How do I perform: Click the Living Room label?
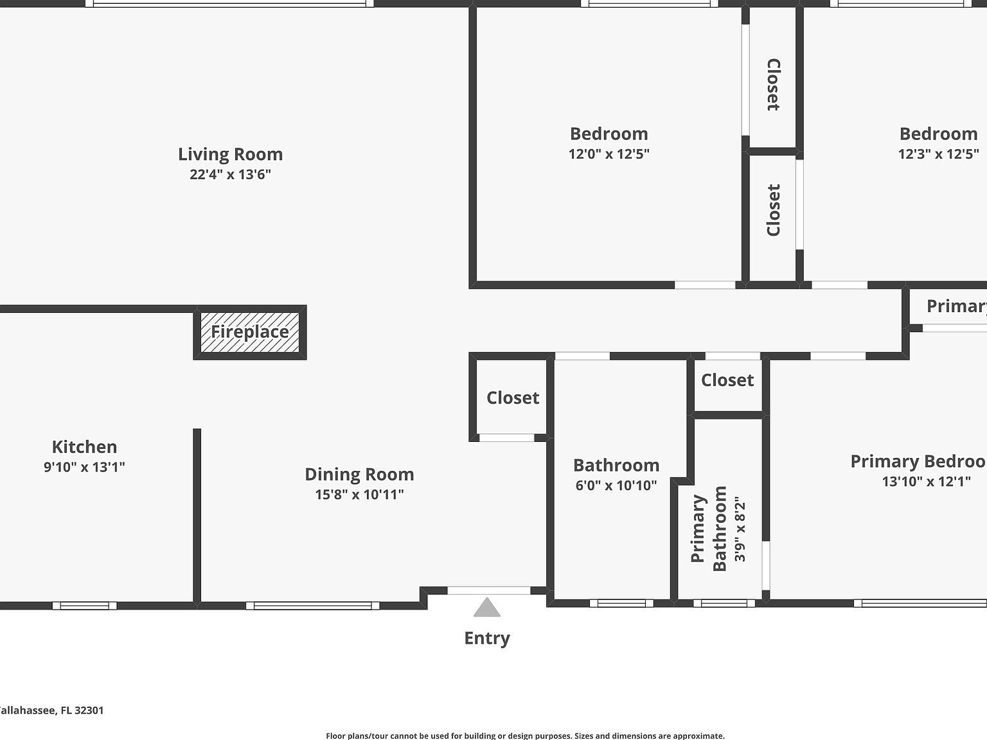click(230, 154)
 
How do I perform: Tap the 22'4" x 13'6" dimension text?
click(230, 174)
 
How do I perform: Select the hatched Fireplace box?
click(250, 332)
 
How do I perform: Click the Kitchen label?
click(84, 447)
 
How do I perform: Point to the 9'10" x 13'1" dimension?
click(84, 467)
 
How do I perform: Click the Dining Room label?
click(359, 475)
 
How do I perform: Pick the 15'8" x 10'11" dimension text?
click(359, 495)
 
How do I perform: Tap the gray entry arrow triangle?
click(487, 608)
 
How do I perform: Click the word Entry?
click(487, 639)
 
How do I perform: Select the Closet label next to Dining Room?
click(513, 398)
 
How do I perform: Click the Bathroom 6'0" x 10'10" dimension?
click(616, 486)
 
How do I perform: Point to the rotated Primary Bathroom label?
click(708, 528)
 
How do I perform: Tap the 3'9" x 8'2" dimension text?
click(740, 528)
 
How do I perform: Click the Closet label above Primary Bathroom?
click(727, 380)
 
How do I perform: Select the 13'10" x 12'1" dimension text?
click(926, 481)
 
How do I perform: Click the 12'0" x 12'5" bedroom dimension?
click(609, 154)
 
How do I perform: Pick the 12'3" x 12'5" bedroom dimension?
click(938, 154)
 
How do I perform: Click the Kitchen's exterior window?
click(84, 605)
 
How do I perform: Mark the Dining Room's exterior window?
click(312, 605)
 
